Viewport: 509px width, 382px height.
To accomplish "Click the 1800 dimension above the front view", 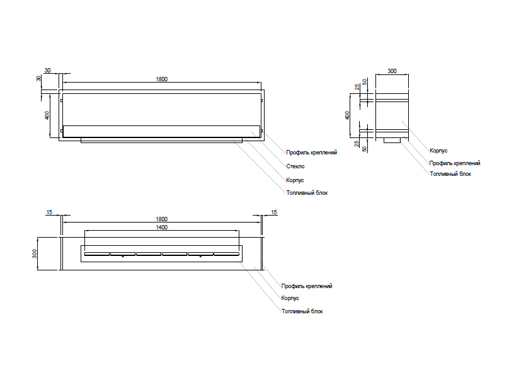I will (x=161, y=79).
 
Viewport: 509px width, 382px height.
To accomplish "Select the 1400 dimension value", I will (x=161, y=227).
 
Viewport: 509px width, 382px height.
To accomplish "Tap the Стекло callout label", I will (x=295, y=166).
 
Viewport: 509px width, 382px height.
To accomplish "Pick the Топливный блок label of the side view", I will (x=450, y=173).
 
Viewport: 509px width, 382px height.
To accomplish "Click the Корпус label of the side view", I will (x=438, y=151).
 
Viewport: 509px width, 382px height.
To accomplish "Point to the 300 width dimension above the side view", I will (x=392, y=71).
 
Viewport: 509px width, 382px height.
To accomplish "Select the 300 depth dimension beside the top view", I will (x=36, y=253).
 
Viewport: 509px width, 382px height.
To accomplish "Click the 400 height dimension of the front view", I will (x=47, y=115).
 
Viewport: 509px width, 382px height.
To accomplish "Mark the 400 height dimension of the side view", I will (x=348, y=115).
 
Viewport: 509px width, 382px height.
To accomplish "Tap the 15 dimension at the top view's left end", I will (x=49, y=212).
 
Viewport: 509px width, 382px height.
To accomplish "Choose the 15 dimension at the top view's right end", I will (x=274, y=212).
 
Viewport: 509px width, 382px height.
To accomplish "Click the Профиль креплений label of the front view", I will (x=312, y=153).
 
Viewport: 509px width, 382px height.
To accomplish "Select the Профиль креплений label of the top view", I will (x=307, y=286).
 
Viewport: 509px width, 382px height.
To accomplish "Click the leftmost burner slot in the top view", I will (x=96, y=255).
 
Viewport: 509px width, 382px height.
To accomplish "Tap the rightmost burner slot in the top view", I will (x=226, y=255).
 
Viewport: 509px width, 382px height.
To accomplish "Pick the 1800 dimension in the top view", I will (x=161, y=219).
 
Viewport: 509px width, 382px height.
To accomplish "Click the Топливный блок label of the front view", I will (x=307, y=192).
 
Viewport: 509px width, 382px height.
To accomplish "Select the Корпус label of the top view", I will (x=290, y=298).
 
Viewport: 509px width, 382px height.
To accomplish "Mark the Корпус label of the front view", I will (x=295, y=180).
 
